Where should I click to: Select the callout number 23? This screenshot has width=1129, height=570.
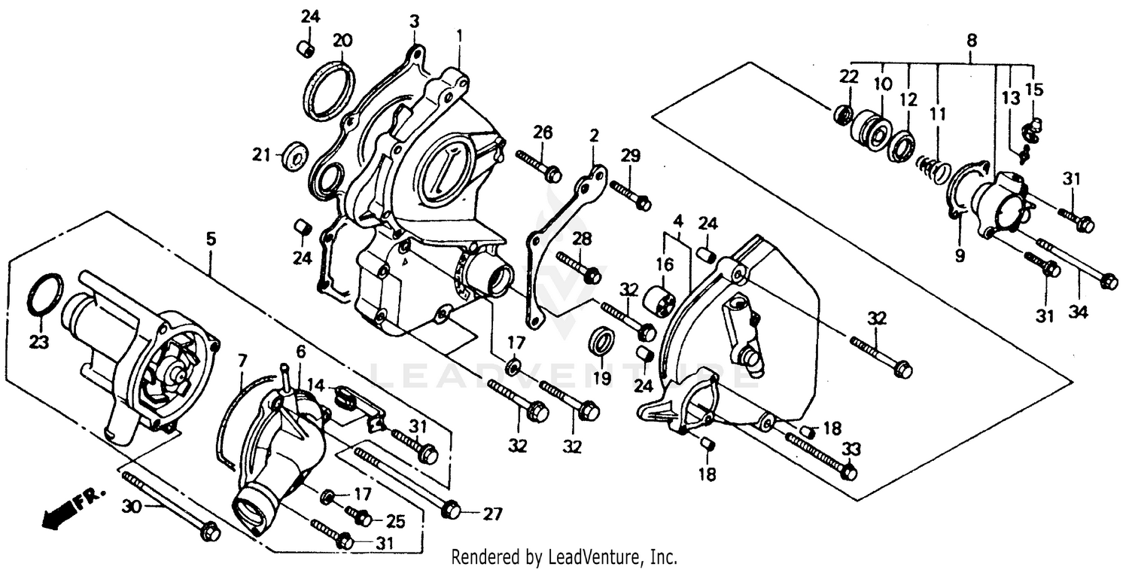(38, 343)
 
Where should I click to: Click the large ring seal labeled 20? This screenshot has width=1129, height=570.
(330, 90)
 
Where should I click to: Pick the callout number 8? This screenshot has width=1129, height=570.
(972, 41)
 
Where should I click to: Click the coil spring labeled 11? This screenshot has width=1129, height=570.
(933, 169)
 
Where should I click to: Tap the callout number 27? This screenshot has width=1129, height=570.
(491, 515)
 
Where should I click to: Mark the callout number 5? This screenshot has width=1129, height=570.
(211, 239)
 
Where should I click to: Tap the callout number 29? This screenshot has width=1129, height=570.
(630, 156)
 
